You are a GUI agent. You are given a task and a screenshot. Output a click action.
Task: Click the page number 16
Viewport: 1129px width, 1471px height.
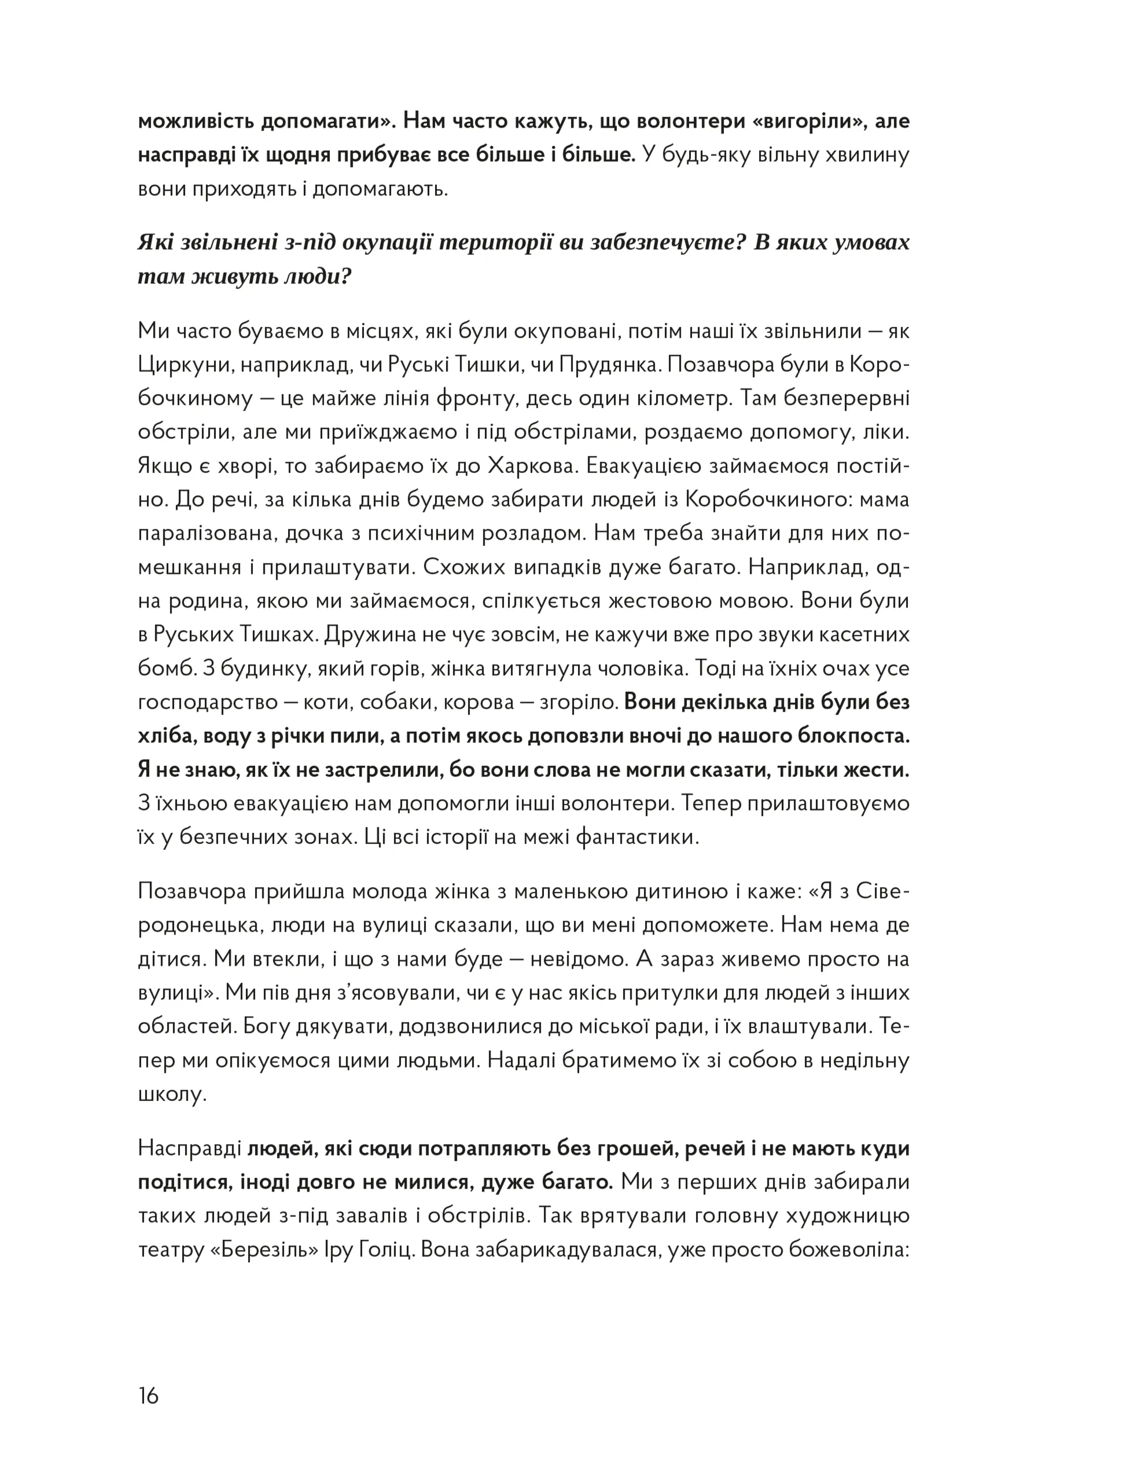149,1396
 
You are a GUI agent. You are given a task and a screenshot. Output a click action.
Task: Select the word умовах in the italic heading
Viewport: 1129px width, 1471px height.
870,242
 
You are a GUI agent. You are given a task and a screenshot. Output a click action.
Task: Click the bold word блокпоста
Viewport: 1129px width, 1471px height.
853,735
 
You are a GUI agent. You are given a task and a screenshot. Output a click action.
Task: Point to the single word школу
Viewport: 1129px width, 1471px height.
171,1093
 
